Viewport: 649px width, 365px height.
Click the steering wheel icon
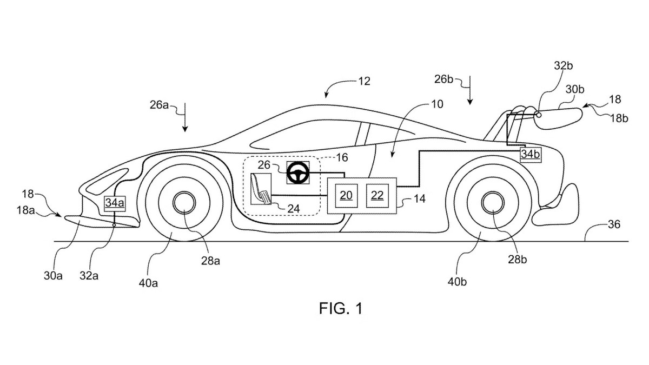click(297, 173)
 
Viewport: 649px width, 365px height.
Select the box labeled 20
click(346, 195)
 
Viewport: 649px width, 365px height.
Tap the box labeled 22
click(377, 195)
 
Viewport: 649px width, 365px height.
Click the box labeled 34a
click(114, 203)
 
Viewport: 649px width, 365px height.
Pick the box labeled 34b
click(530, 154)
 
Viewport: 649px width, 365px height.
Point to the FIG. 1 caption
click(341, 308)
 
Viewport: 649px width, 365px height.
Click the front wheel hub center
click(184, 204)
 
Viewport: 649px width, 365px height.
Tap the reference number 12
click(364, 82)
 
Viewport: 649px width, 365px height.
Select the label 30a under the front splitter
click(54, 275)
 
